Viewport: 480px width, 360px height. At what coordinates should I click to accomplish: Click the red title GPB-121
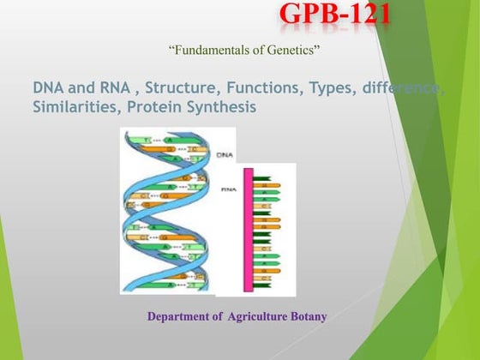[x=335, y=15]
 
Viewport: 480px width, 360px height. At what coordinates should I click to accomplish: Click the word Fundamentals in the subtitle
[x=210, y=51]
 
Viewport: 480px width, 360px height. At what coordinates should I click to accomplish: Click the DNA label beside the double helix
[x=225, y=156]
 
